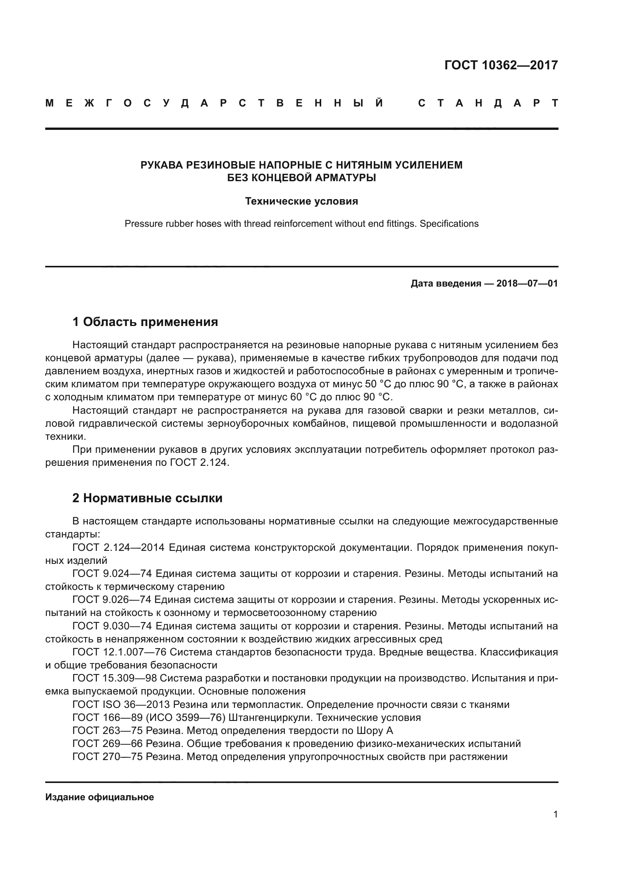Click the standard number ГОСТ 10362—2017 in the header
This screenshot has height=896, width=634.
tap(501, 65)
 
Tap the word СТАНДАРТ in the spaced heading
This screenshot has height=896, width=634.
tap(488, 103)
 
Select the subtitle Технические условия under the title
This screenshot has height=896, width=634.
tap(301, 201)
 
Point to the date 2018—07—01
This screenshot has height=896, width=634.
tap(527, 283)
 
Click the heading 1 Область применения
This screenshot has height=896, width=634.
tap(145, 321)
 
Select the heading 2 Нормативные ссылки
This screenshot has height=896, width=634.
tap(147, 498)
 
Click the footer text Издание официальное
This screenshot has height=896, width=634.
tap(100, 797)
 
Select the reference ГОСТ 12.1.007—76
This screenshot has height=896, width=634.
tap(119, 652)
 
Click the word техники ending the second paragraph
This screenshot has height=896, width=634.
tap(65, 437)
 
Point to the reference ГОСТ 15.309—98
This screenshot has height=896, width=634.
tap(114, 678)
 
